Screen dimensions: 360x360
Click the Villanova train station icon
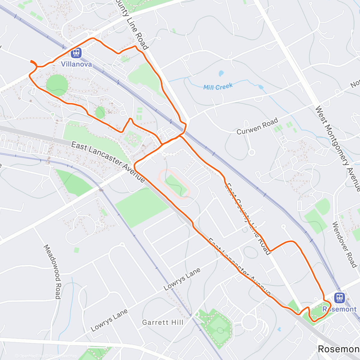point(76,53)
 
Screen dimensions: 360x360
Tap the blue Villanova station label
point(76,64)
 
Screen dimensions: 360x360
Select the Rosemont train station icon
point(339,298)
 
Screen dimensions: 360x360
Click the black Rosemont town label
point(338,349)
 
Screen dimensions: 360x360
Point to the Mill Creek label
point(218,87)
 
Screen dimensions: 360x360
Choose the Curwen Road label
point(257,127)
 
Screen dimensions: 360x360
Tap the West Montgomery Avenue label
point(337,148)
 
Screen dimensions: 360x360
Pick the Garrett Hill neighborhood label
point(163,322)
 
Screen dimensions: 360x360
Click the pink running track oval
point(174,184)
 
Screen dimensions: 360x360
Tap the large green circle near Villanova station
point(57,85)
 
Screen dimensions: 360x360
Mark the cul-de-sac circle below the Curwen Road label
point(252,152)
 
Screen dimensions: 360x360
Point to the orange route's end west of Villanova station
point(31,61)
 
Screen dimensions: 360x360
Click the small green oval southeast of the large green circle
point(100,113)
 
